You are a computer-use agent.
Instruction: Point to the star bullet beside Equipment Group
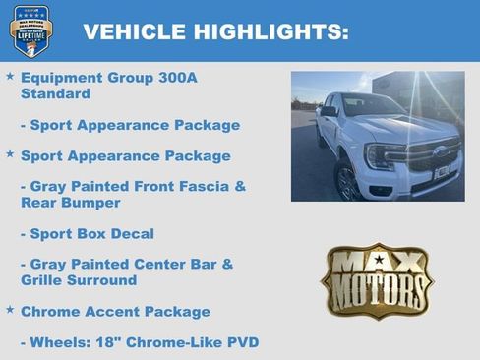click(10, 76)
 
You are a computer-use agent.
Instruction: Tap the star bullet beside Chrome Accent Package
click(10, 310)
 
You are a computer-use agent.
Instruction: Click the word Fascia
click(210, 186)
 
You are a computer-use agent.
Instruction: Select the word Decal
click(132, 234)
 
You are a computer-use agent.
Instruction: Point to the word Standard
click(55, 94)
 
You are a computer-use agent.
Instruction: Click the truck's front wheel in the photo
click(346, 182)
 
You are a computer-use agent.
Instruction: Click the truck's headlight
click(382, 154)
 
